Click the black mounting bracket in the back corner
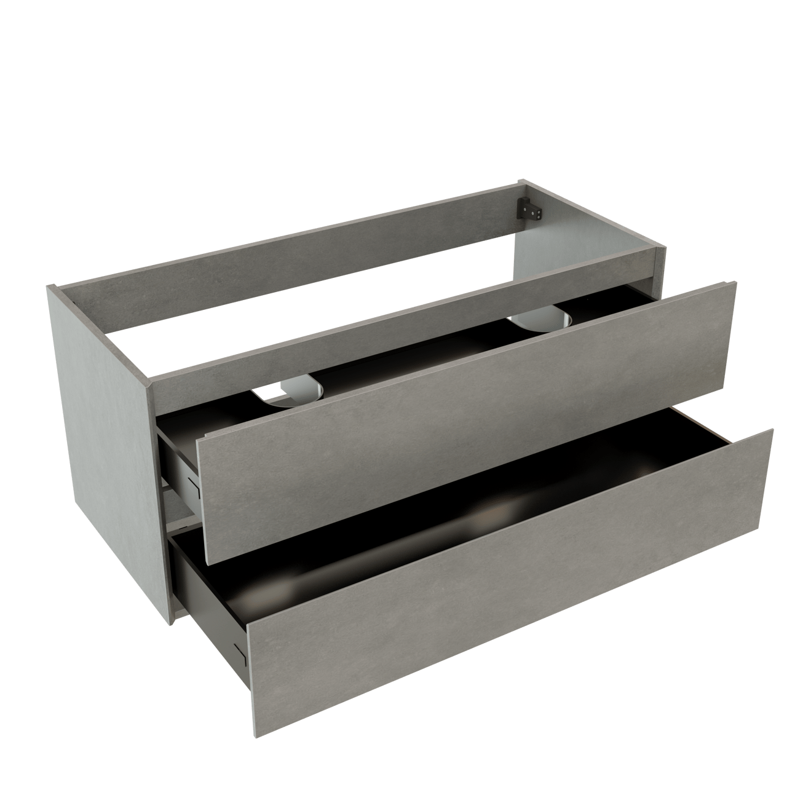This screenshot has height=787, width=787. (x=529, y=210)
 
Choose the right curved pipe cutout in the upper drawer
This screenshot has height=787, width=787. (x=545, y=318)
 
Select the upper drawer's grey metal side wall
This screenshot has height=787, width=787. (x=178, y=467)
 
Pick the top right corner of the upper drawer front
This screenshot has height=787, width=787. (x=735, y=283)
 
